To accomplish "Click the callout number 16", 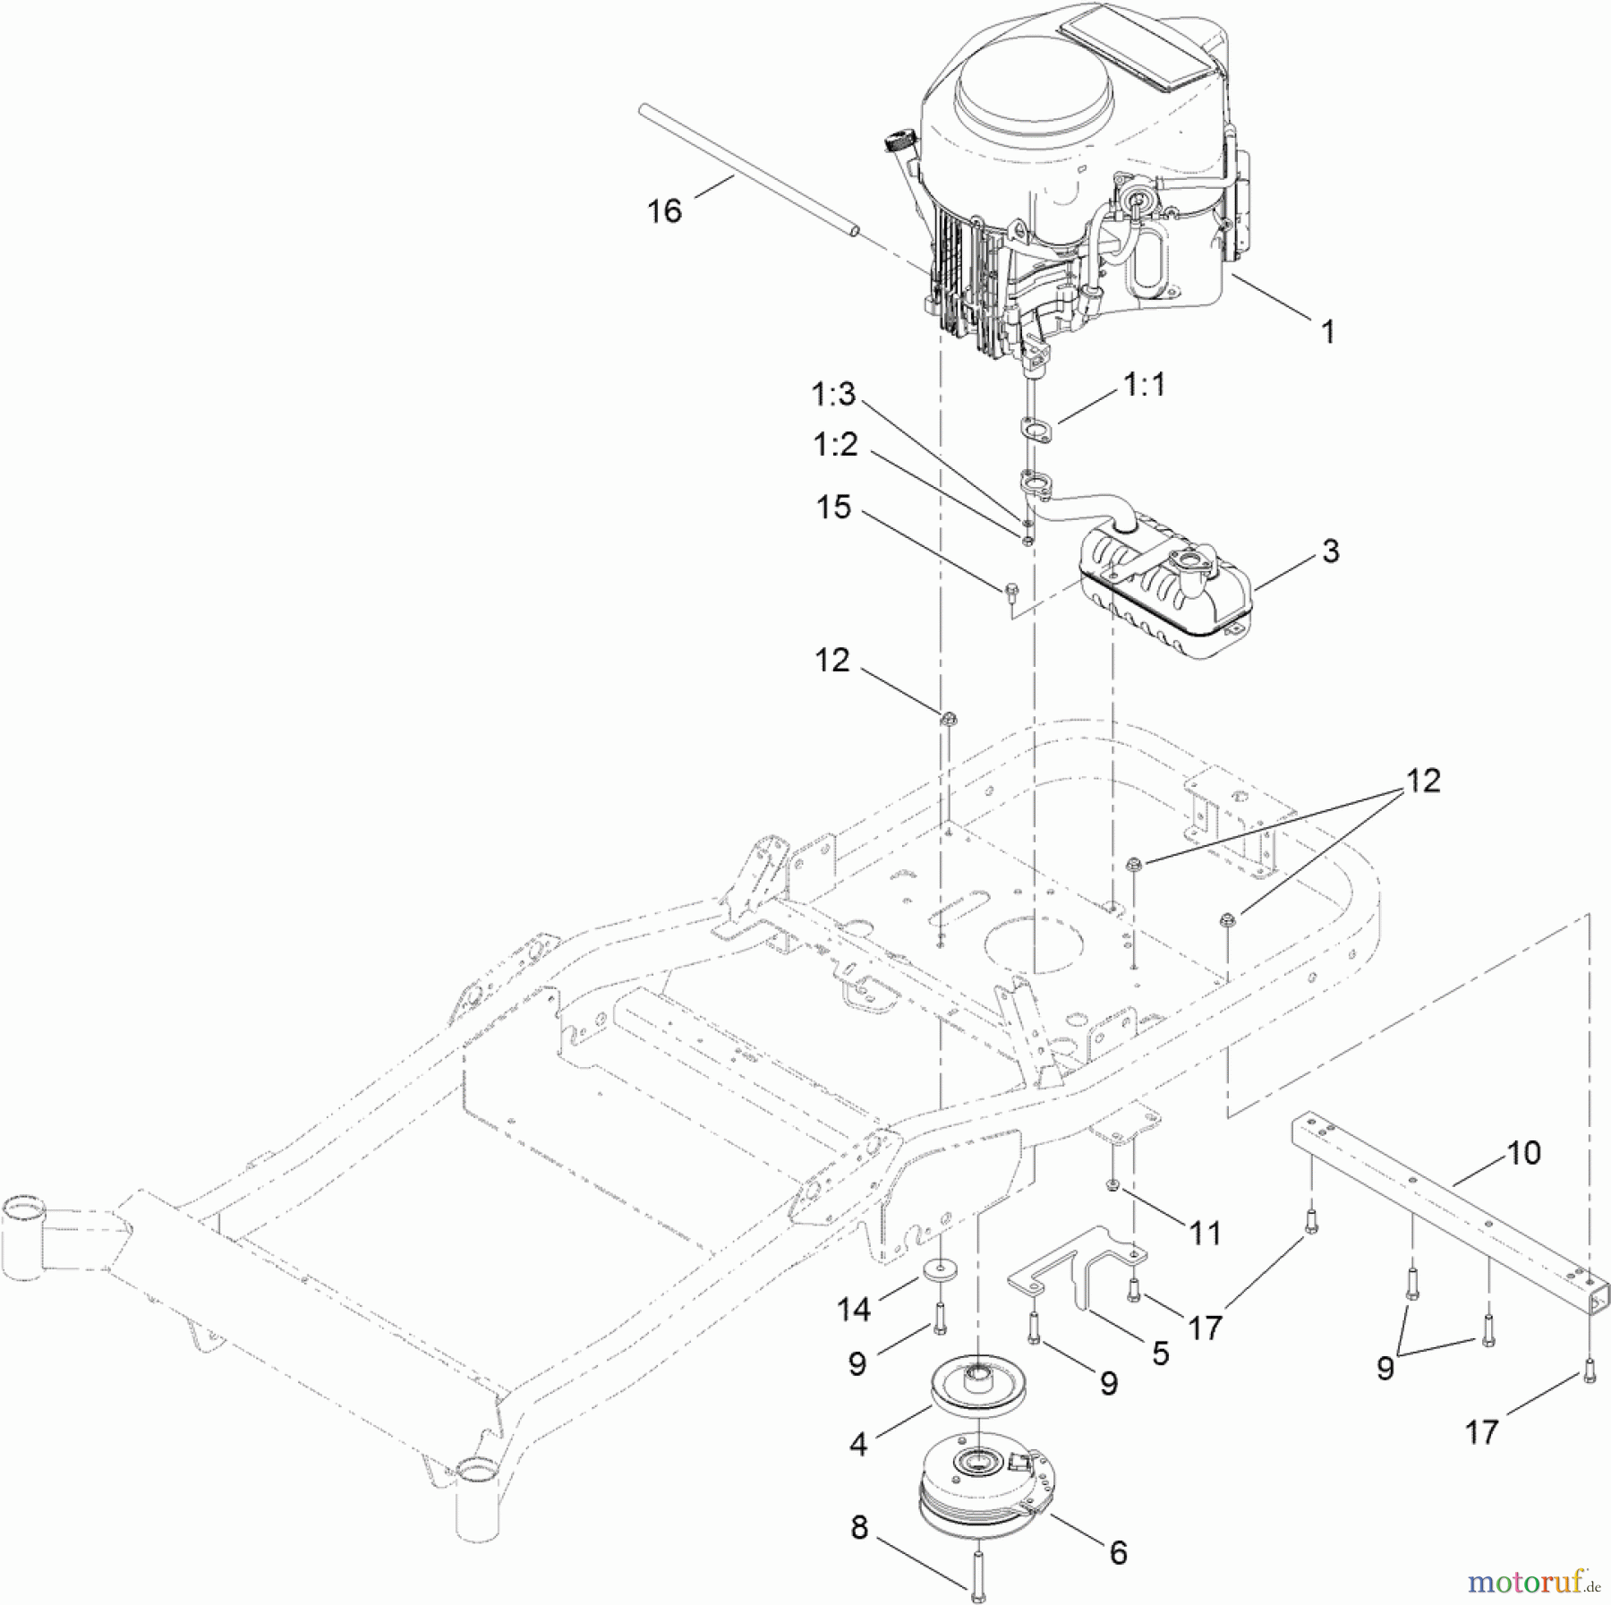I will click(x=664, y=211).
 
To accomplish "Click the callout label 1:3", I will click(x=833, y=394).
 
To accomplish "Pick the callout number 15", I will click(x=833, y=508).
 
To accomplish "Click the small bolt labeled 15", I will click(x=1011, y=591).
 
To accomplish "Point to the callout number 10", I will click(x=1523, y=1153).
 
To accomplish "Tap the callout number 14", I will click(x=853, y=1310).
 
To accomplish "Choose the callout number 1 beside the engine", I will click(x=1327, y=332).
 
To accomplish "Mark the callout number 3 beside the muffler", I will click(x=1330, y=551).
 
